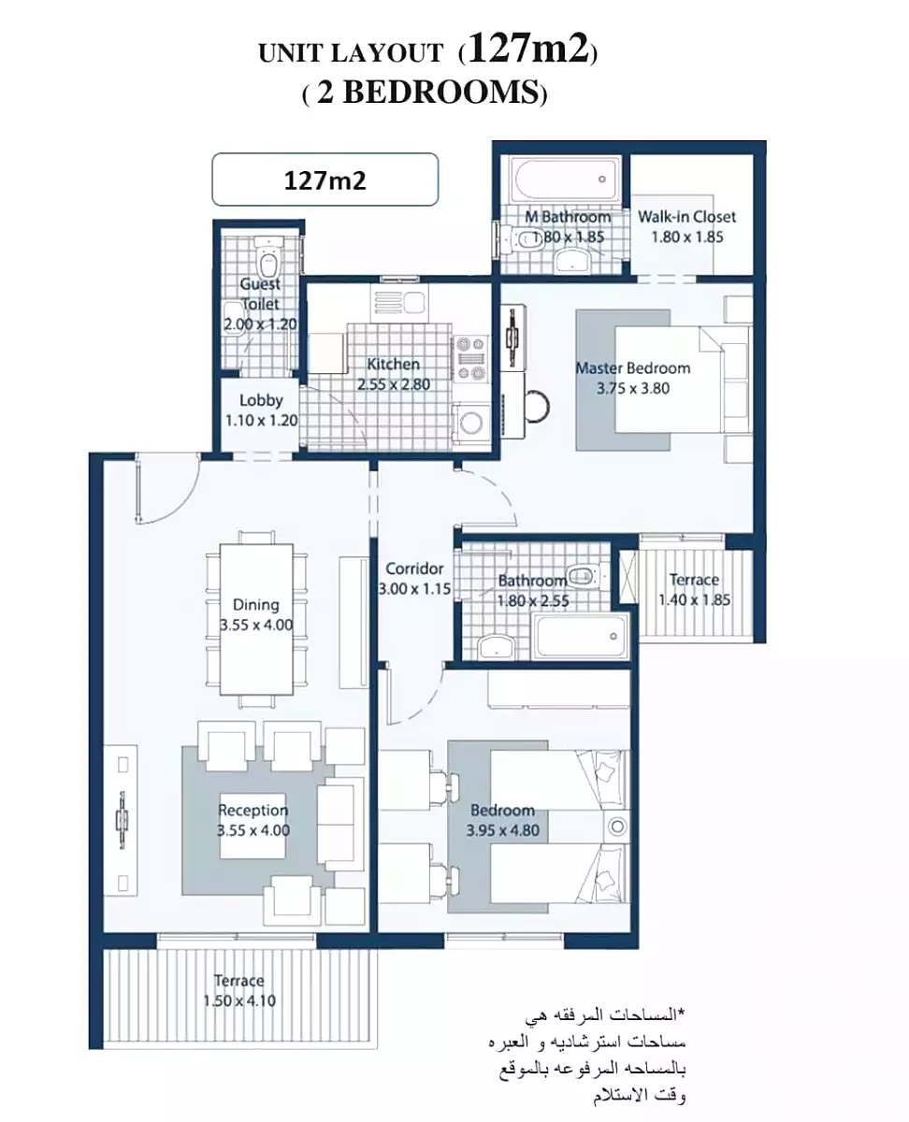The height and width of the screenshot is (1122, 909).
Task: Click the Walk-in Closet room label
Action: point(687,217)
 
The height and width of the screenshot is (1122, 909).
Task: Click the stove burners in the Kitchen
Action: point(470,359)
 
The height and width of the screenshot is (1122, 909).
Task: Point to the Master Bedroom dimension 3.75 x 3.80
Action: point(633,388)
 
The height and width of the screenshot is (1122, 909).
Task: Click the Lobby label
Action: point(261,400)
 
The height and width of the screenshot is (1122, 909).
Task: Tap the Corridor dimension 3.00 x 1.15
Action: point(415,589)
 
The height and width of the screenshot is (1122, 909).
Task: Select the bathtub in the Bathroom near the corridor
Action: point(582,637)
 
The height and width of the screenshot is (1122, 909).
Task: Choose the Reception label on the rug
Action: point(252,810)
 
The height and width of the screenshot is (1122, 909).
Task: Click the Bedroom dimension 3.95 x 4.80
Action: point(503,830)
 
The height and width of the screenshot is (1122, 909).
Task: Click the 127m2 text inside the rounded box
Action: point(325,180)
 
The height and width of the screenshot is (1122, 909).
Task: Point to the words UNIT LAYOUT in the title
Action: point(352,53)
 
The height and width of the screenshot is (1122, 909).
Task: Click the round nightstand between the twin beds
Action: point(616,827)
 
